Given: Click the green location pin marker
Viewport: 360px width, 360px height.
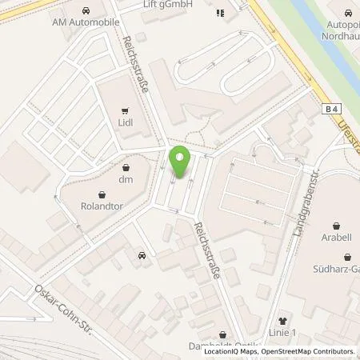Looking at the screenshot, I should pos(179,162).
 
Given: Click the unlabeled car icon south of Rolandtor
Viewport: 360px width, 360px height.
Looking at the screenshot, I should pos(142,256).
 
